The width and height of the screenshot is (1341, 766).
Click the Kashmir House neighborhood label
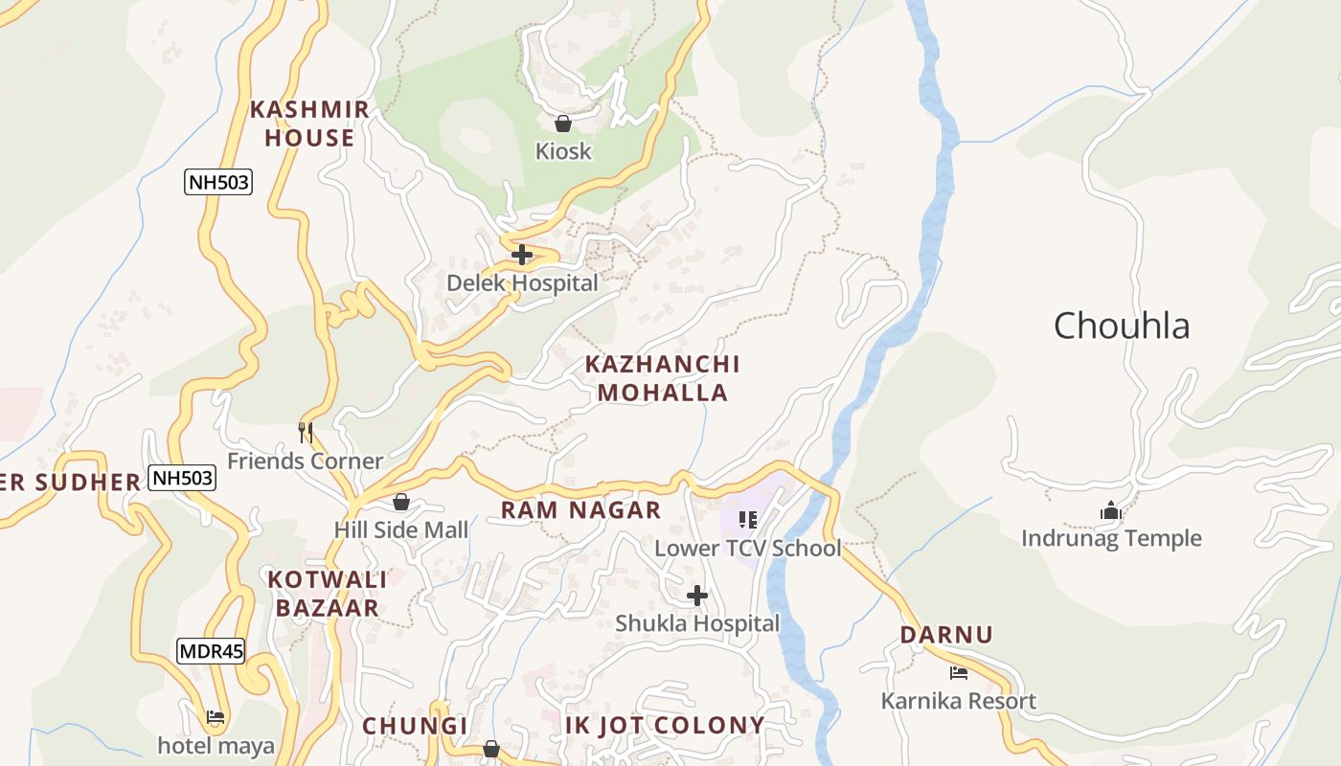coord(309,124)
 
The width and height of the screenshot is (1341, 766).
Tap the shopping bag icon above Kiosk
coord(563,124)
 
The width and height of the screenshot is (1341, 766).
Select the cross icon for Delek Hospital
coord(522,255)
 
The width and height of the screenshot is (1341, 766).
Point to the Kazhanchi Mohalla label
coord(662,378)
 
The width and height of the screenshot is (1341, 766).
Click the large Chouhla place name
coord(1122,326)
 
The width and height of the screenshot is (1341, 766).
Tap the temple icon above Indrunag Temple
coord(1111,510)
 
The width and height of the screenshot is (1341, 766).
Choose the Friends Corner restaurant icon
coord(306,433)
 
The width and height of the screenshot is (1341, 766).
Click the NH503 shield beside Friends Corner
coord(182,477)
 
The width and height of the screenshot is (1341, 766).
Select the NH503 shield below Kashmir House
coord(218,181)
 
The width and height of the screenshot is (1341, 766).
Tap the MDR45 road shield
coord(211,652)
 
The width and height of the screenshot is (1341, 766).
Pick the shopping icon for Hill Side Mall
coord(401,502)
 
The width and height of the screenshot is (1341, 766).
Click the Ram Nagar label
coord(580,510)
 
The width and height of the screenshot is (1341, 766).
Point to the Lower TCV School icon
coord(748,520)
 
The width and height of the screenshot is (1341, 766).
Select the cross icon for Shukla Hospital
coord(697,596)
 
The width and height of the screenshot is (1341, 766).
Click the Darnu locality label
coord(945,635)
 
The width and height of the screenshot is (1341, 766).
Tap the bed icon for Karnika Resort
coord(959,673)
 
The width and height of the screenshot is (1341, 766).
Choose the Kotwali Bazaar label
coord(327,594)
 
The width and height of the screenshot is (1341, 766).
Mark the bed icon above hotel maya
coord(216,717)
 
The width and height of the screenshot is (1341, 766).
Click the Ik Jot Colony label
coord(665,725)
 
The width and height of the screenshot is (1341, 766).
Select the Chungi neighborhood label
coord(415,726)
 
